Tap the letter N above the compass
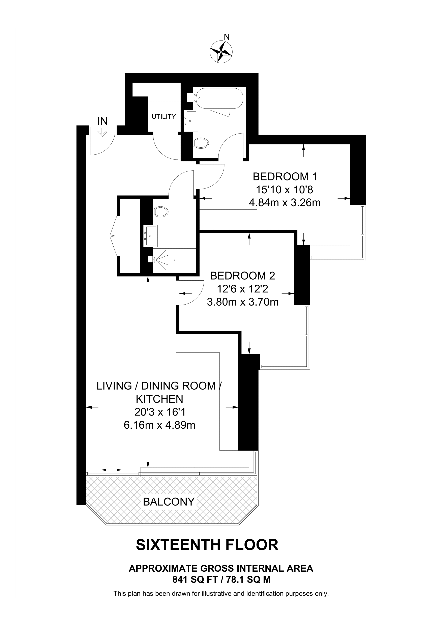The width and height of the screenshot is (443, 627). [x=227, y=37]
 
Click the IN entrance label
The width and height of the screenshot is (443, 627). [x=103, y=121]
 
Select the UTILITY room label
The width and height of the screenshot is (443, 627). [x=164, y=117]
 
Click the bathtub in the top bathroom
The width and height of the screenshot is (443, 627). [x=218, y=98]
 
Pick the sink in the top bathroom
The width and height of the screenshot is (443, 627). [x=191, y=121]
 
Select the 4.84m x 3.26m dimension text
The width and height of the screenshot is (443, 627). [x=285, y=203]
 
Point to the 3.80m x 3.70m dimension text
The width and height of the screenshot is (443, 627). [x=243, y=302]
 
